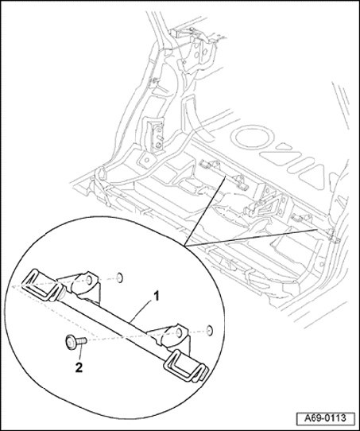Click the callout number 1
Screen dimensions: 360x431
click(x=156, y=297)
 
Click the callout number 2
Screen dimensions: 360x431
click(x=79, y=368)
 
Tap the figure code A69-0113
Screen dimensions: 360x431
click(x=325, y=418)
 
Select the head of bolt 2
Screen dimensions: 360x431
click(x=71, y=343)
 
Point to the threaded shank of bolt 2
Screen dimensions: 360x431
click(x=82, y=341)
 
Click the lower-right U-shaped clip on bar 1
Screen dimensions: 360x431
click(x=186, y=366)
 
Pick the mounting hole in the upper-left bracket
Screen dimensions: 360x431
click(x=89, y=280)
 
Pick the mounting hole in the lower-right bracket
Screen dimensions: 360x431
click(x=179, y=332)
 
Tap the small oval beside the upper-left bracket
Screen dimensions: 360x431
click(x=119, y=278)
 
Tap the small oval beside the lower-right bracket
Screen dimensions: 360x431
click(x=209, y=330)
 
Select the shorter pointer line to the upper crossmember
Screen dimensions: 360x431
click(x=205, y=211)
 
